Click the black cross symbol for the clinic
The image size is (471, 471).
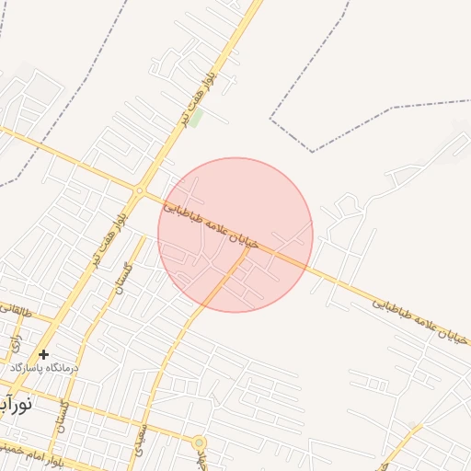click(43, 354)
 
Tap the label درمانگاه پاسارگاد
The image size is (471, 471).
click(44, 367)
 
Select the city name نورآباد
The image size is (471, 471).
click(17, 403)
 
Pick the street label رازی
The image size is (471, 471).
click(15, 345)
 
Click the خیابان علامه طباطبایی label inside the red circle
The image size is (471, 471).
click(222, 225)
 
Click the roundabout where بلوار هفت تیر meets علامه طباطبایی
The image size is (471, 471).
click(140, 191)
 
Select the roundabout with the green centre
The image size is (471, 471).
click(199, 442)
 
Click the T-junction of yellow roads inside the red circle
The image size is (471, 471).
click(247, 250)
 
